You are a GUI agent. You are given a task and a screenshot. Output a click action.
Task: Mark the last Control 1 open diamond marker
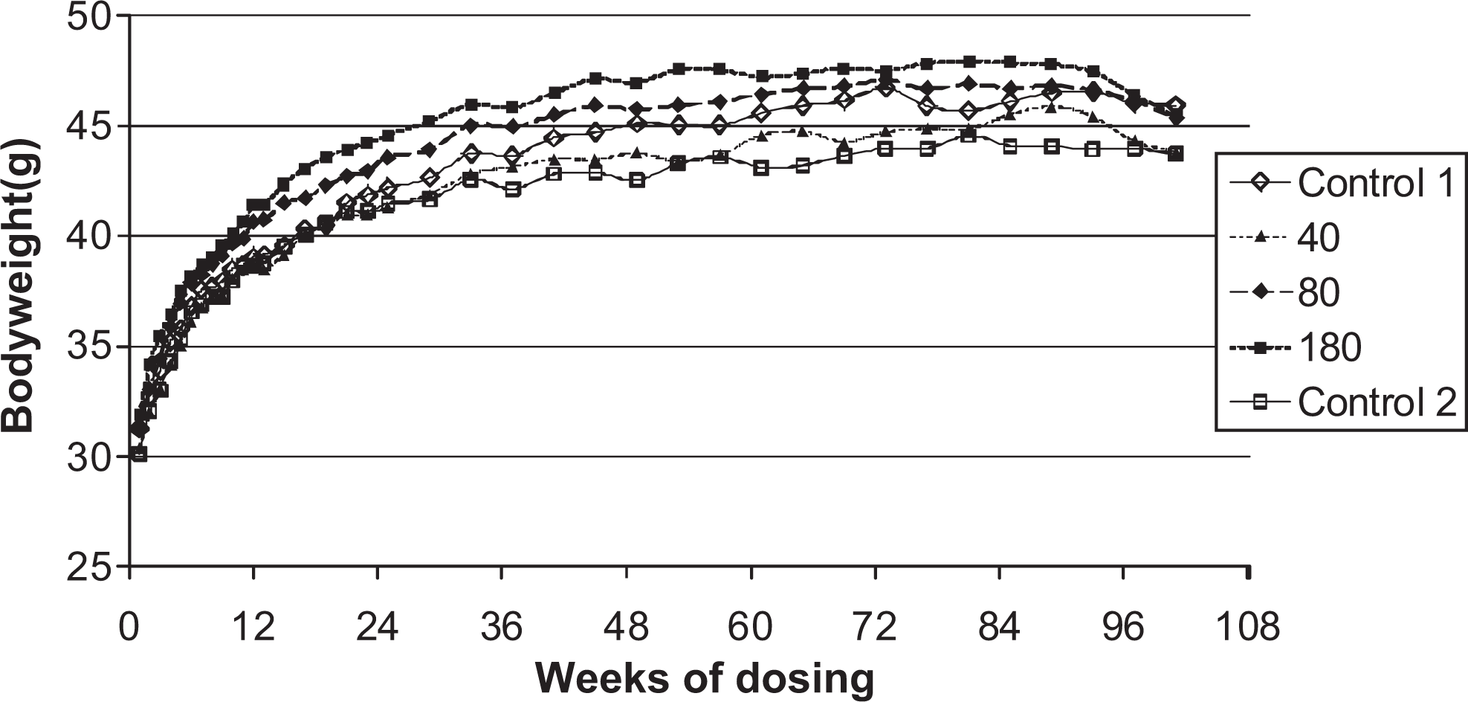(x=1175, y=106)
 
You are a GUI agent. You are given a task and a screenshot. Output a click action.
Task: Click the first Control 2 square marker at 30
(x=139, y=454)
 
